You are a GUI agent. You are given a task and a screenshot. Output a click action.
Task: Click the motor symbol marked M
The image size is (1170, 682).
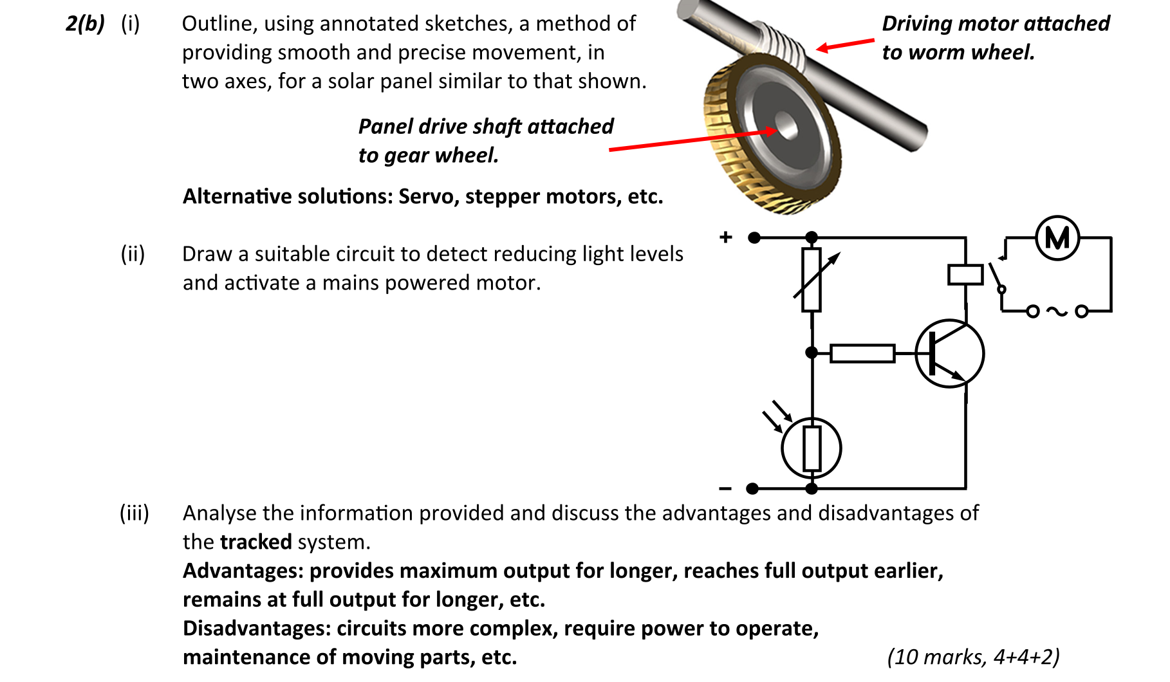pos(1057,238)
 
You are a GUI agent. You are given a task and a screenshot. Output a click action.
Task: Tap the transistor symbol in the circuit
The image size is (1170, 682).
pos(949,354)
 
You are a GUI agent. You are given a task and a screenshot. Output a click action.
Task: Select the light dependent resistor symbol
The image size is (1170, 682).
pos(812,448)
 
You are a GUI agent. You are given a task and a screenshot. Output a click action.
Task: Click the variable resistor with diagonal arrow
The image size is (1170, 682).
pos(812,280)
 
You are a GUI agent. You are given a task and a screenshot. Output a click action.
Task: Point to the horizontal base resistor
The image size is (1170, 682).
pos(862,353)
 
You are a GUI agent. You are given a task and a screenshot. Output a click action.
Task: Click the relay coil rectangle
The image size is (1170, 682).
pos(965,275)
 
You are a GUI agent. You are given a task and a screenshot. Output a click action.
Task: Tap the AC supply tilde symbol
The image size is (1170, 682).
pos(1057,311)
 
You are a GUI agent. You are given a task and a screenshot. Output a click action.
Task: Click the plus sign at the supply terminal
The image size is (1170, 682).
pos(726,237)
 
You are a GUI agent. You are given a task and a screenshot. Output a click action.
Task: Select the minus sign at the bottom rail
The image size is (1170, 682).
pos(725,489)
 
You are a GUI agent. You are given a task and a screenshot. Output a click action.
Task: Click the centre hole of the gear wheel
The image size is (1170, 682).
pos(785,125)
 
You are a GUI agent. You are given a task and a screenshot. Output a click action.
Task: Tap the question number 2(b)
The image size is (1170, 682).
pos(85,24)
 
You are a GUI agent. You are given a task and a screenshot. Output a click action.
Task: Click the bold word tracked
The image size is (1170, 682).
pos(255,542)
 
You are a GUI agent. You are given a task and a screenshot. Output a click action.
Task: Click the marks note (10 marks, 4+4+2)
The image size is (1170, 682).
pos(973,657)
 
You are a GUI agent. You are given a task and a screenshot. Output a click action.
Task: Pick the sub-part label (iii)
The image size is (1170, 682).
pos(135,513)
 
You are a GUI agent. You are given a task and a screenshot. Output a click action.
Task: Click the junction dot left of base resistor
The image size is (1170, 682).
pos(812,353)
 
